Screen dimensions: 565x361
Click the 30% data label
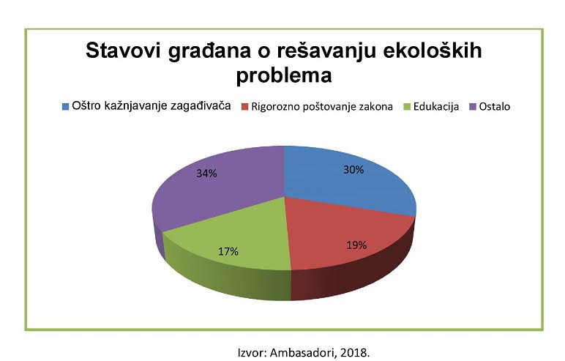353,170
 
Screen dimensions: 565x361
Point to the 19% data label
356,245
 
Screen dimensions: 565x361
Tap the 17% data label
228,251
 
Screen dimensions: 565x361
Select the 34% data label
207,174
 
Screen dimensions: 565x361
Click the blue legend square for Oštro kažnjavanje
65,107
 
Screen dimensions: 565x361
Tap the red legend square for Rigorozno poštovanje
245,107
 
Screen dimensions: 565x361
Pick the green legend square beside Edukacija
407,107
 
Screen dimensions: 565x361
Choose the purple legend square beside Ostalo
473,107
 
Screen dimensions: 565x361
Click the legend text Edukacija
436,107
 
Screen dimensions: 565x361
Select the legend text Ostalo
495,107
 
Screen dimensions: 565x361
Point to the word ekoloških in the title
433,51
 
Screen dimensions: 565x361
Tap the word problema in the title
284,75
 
